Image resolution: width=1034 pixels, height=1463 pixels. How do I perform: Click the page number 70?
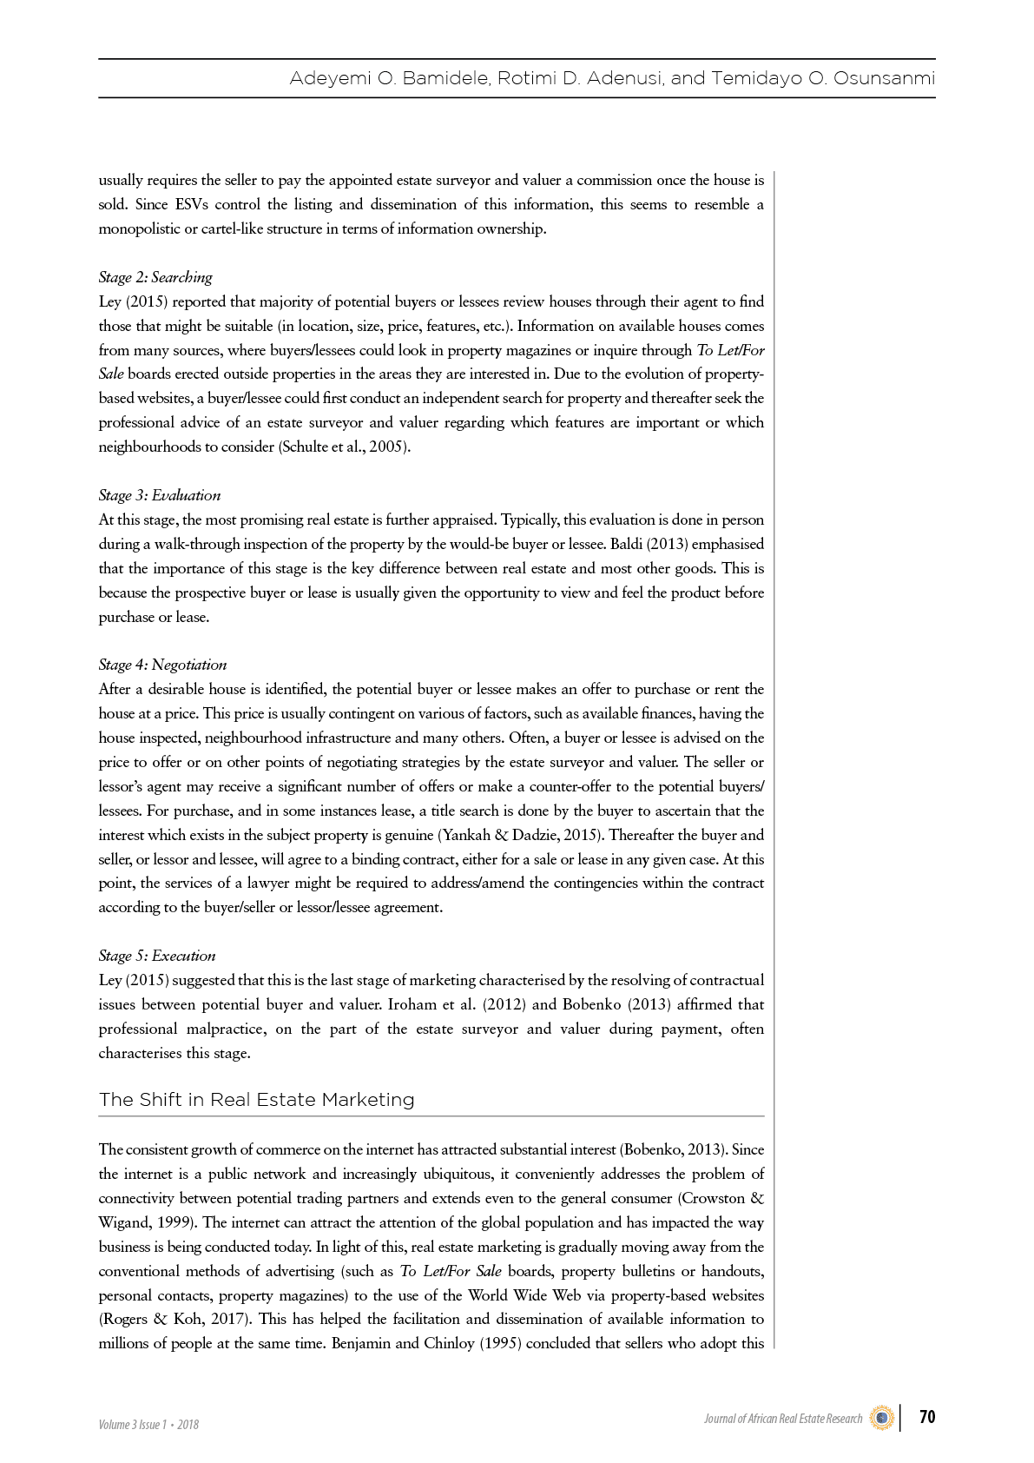[926, 1416]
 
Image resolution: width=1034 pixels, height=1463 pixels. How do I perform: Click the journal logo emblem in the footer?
[882, 1418]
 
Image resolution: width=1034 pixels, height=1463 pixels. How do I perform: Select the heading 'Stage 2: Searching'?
[155, 277]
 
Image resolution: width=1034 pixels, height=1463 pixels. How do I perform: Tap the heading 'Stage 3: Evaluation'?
[160, 495]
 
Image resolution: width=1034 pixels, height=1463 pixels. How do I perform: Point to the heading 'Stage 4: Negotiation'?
[162, 665]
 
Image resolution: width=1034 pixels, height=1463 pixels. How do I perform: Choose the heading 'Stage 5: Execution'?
[157, 956]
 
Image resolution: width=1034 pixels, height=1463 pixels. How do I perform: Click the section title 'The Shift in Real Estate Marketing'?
[257, 1100]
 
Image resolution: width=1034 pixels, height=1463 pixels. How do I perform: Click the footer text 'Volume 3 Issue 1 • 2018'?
[148, 1425]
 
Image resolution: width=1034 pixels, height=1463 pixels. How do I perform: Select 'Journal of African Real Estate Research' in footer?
[783, 1419]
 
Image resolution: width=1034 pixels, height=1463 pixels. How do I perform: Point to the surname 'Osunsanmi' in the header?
[884, 79]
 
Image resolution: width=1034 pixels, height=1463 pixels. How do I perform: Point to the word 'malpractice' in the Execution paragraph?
[226, 1029]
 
